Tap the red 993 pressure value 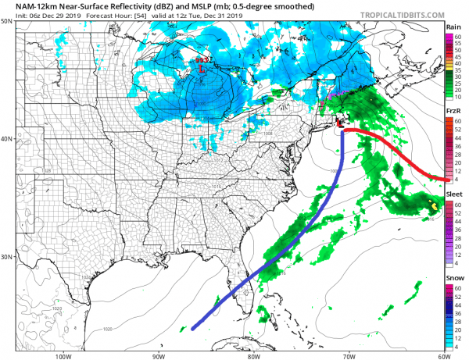[x=202, y=60]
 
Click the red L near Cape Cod [x=340, y=123]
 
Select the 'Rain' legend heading [x=452, y=27]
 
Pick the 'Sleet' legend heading [x=453, y=195]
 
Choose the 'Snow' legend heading [x=453, y=279]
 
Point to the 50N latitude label [x=7, y=21]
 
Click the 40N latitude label [x=7, y=139]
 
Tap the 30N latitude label [x=7, y=257]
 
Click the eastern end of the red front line [x=445, y=180]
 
